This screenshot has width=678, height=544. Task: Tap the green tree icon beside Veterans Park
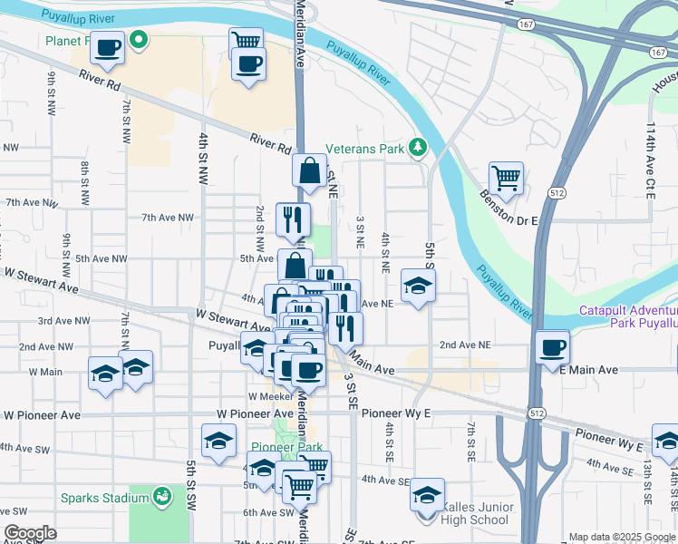(417, 146)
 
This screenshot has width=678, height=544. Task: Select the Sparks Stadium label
(104, 497)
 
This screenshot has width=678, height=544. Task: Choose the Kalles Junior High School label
(477, 514)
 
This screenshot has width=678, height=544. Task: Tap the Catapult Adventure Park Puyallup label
(628, 316)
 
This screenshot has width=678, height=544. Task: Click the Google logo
(30, 532)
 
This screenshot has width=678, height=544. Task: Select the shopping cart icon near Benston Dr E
(506, 178)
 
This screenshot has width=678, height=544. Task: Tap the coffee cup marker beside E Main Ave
(551, 346)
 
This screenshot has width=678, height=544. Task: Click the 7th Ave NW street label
(168, 218)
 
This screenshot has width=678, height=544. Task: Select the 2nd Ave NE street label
(464, 345)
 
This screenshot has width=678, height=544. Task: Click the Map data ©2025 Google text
(622, 538)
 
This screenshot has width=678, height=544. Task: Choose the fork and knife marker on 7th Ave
(293, 218)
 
